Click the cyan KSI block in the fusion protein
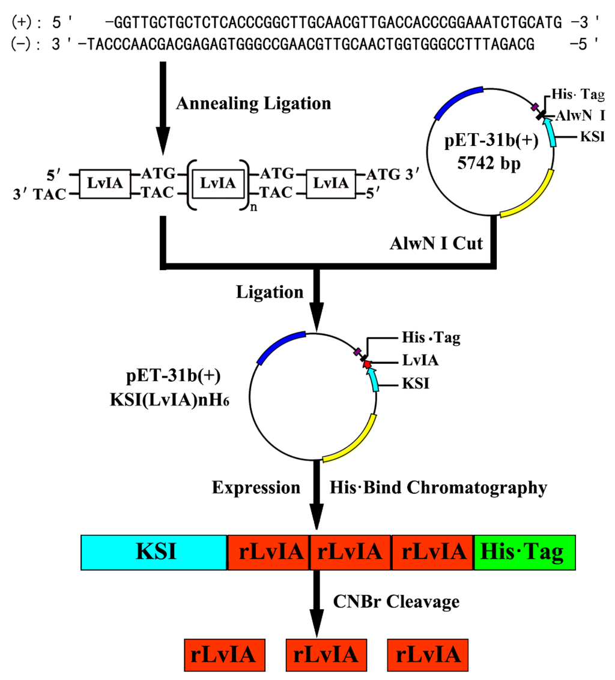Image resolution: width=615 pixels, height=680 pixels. click(154, 552)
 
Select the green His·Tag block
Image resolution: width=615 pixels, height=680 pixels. click(524, 552)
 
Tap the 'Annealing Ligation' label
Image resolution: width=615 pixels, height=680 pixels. click(253, 103)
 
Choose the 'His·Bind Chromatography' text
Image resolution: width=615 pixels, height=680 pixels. click(438, 488)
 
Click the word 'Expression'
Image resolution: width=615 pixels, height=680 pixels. click(256, 488)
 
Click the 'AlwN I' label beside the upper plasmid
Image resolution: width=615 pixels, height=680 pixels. click(581, 115)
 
